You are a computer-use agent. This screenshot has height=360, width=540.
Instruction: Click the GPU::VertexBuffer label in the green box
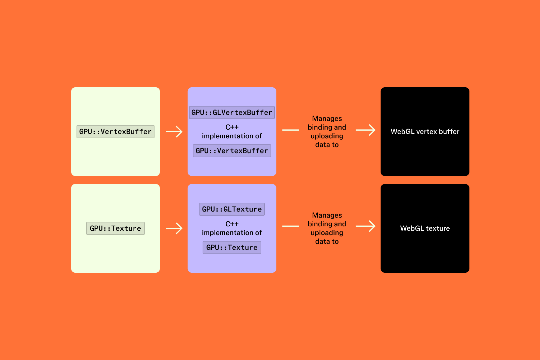click(116, 132)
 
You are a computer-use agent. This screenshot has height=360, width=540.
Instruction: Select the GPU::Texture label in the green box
click(116, 228)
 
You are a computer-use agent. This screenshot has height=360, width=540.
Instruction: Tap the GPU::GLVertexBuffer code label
click(232, 113)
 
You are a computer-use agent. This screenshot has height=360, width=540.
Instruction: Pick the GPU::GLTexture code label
click(232, 209)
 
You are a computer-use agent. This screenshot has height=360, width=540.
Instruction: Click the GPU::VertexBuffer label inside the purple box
click(232, 151)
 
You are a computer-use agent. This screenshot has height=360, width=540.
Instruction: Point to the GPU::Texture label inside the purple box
click(232, 248)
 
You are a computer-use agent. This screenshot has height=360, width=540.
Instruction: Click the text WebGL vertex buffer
click(425, 132)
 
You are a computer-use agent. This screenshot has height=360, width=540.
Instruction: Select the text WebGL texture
click(425, 228)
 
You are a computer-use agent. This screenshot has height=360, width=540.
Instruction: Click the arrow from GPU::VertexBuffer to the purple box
click(174, 132)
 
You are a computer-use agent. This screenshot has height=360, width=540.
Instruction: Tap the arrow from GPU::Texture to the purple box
click(174, 228)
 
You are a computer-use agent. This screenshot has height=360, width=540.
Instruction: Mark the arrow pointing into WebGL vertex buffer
click(366, 130)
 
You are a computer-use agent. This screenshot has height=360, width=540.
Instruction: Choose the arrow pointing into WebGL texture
click(366, 226)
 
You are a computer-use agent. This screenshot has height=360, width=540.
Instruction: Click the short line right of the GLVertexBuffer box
click(290, 130)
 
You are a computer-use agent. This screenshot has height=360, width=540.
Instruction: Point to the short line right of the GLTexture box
click(290, 226)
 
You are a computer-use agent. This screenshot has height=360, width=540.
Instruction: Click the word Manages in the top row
click(327, 119)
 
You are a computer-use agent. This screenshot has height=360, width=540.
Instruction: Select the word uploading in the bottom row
click(327, 233)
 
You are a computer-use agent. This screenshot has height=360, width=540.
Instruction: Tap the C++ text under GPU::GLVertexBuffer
click(232, 127)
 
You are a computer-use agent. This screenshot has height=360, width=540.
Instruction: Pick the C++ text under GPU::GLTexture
click(232, 224)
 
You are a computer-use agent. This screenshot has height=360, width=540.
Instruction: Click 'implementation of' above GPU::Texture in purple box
click(232, 233)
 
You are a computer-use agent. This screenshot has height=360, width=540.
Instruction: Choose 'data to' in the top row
click(327, 145)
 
